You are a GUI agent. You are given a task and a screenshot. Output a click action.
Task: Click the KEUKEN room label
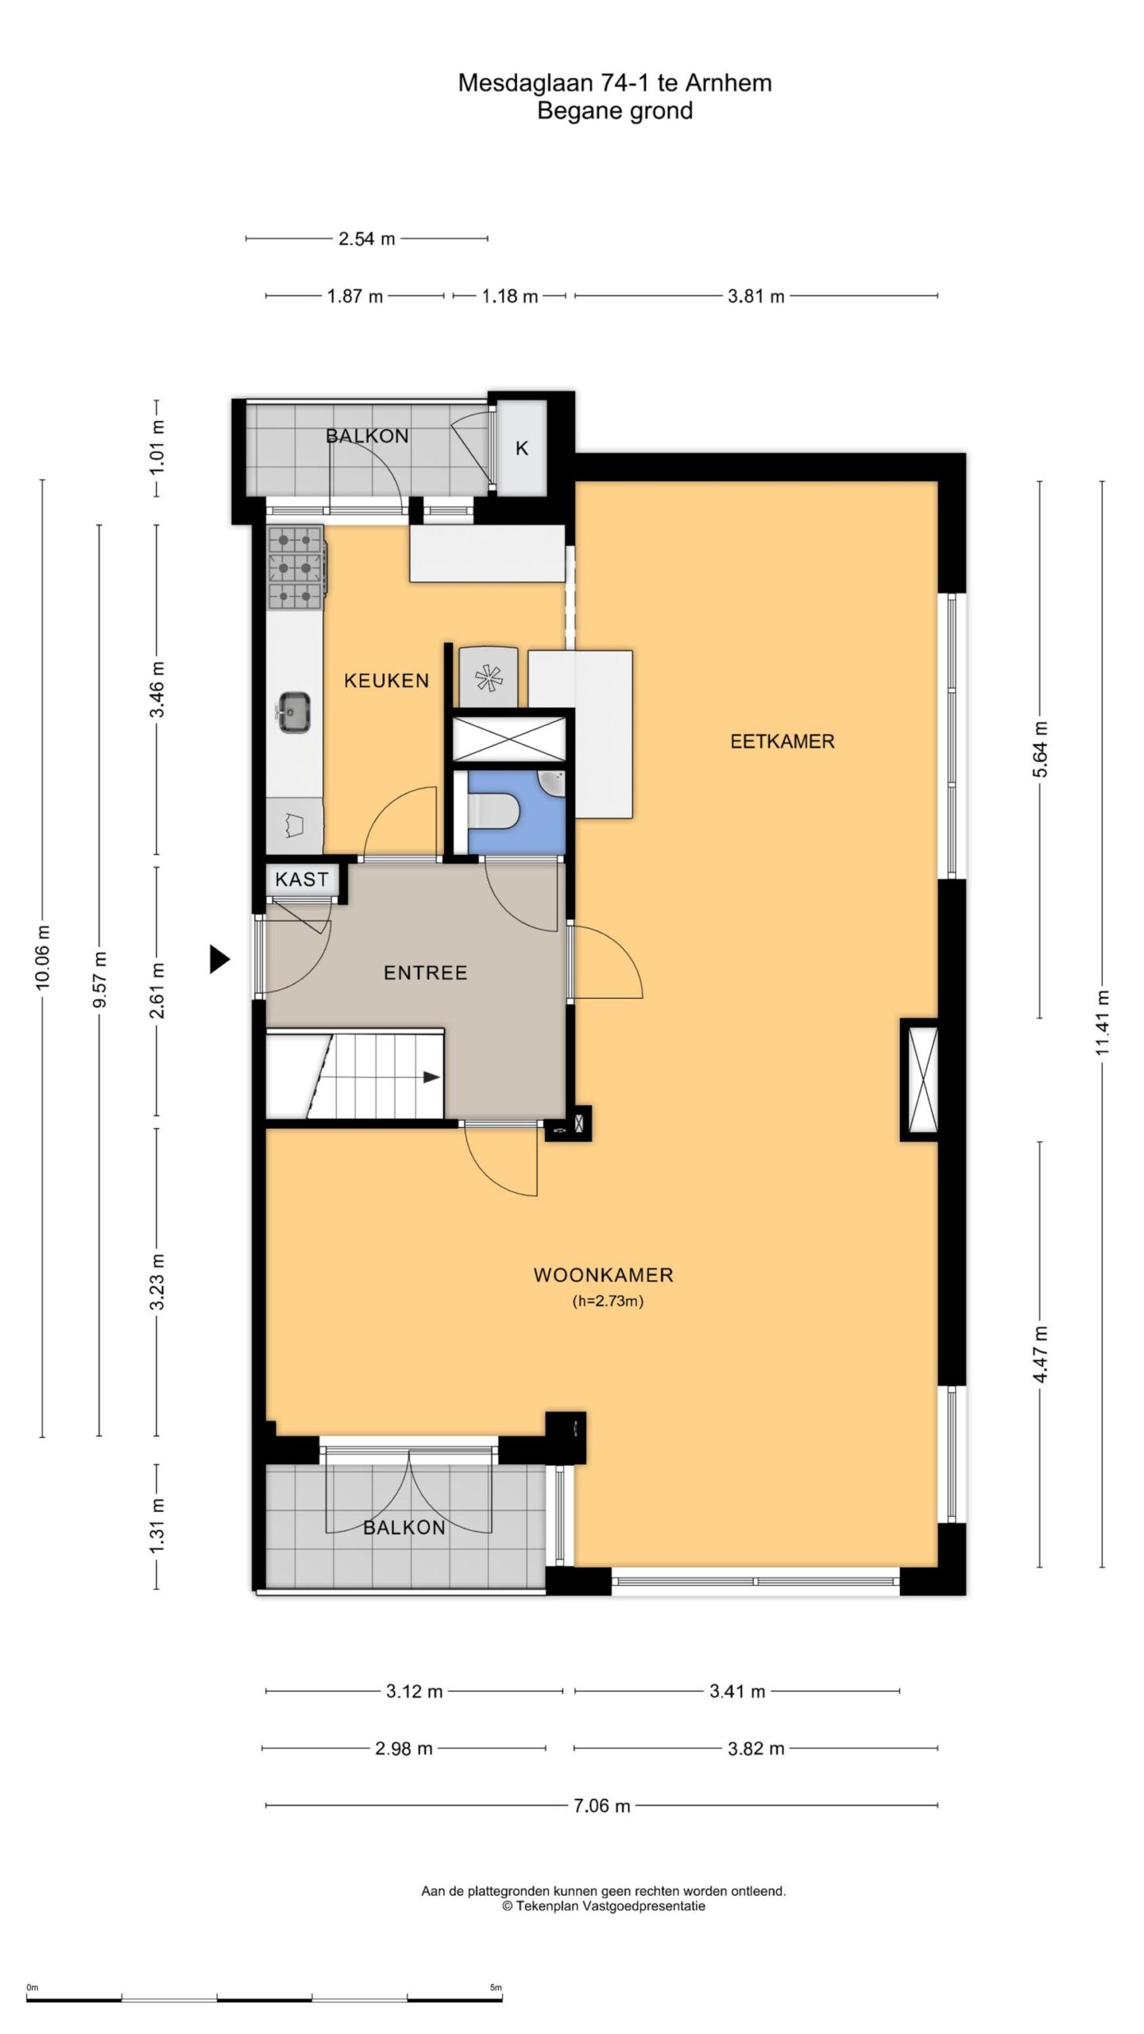click(x=386, y=680)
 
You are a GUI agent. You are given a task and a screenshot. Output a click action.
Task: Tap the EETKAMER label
click(x=783, y=741)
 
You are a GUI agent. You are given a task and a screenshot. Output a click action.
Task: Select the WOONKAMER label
click(x=603, y=1275)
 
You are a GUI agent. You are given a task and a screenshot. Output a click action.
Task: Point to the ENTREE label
click(x=425, y=973)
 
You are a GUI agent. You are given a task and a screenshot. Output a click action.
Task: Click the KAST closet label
click(x=301, y=879)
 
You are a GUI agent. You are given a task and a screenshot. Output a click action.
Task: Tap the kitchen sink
click(x=294, y=710)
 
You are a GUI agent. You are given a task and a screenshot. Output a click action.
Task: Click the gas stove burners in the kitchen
click(x=296, y=567)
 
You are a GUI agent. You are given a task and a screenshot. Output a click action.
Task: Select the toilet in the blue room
click(x=494, y=810)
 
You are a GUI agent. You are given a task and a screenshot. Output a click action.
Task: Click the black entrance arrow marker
click(x=219, y=959)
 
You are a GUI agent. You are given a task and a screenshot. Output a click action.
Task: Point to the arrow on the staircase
click(x=430, y=1077)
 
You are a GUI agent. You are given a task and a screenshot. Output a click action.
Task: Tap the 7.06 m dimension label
click(x=601, y=1806)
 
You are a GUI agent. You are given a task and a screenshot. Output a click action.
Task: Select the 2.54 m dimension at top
click(x=366, y=238)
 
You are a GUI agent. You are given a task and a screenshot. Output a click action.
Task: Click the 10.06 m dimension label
click(x=42, y=957)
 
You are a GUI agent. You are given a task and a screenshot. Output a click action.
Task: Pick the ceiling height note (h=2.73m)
click(x=607, y=1301)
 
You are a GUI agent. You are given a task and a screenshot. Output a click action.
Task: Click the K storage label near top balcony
click(x=522, y=448)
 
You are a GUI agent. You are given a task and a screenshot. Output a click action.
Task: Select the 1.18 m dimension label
click(x=509, y=296)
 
